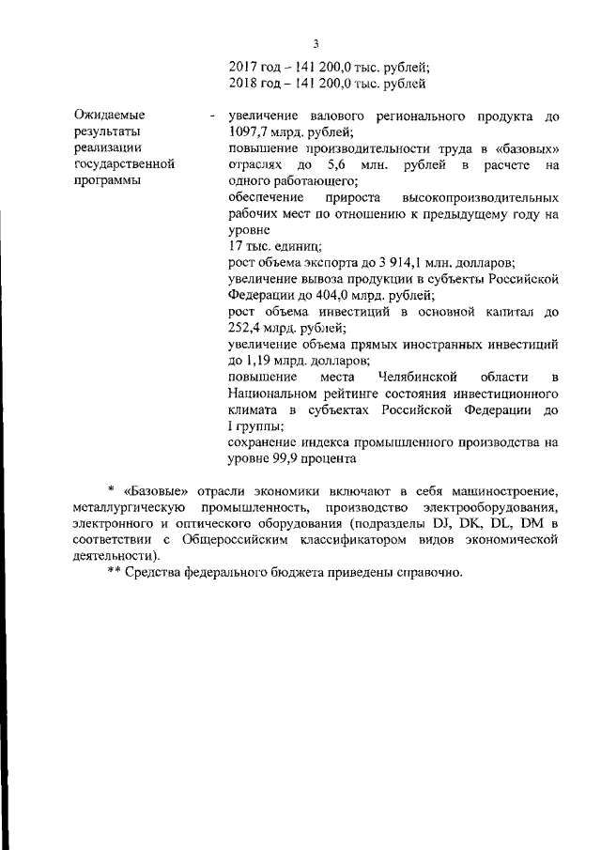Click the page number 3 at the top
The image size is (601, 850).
(x=316, y=43)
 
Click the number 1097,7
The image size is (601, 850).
(x=251, y=132)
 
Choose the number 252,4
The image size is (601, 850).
(x=249, y=328)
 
